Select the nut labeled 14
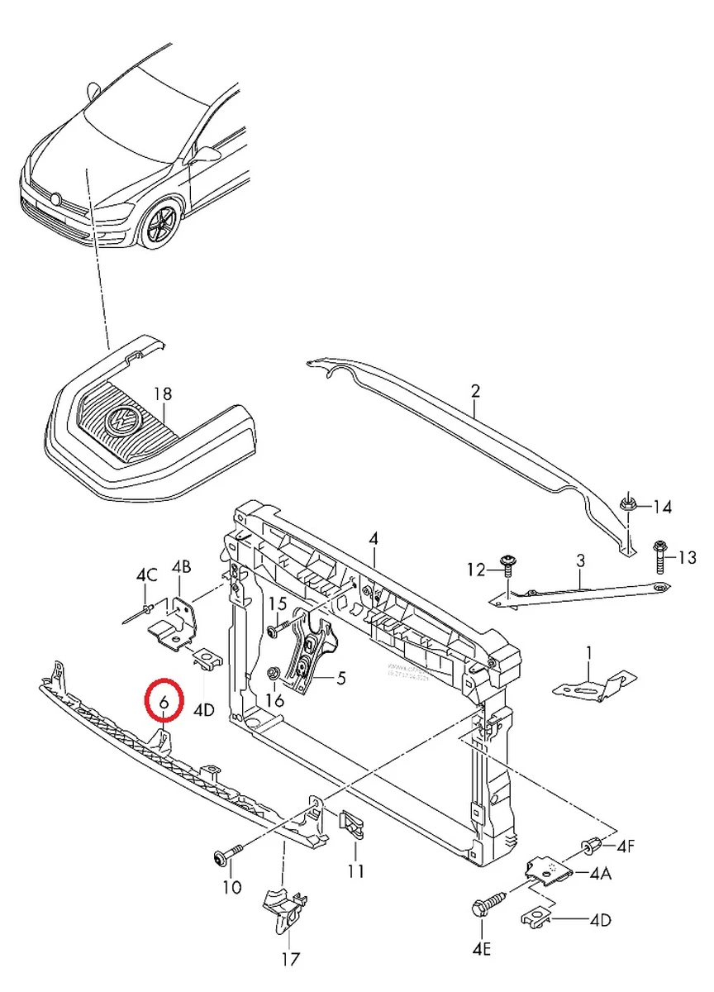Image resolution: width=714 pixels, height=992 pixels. tap(627, 503)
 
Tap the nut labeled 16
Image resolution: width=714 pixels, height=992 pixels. tap(273, 675)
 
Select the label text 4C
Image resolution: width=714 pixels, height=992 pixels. tap(146, 575)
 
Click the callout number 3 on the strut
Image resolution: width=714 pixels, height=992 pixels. tap(580, 560)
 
